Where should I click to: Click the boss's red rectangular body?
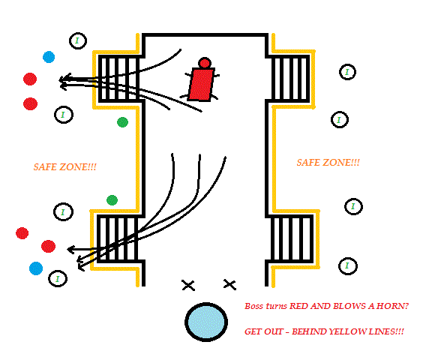click(x=201, y=84)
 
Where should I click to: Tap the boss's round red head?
click(x=205, y=63)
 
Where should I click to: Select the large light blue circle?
click(x=206, y=322)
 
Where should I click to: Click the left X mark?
click(x=188, y=285)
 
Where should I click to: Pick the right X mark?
click(x=229, y=284)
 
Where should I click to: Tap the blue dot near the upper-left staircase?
click(x=49, y=57)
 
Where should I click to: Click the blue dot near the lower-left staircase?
click(x=36, y=268)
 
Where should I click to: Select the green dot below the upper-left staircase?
click(x=122, y=122)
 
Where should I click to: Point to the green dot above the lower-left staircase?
click(x=112, y=200)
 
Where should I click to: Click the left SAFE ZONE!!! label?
click(x=65, y=167)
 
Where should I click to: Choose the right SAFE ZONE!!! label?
click(x=328, y=163)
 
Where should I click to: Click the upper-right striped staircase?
click(x=289, y=79)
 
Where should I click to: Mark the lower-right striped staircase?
click(x=292, y=238)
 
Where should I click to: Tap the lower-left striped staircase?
click(x=118, y=238)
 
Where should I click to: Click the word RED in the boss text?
click(x=298, y=306)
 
